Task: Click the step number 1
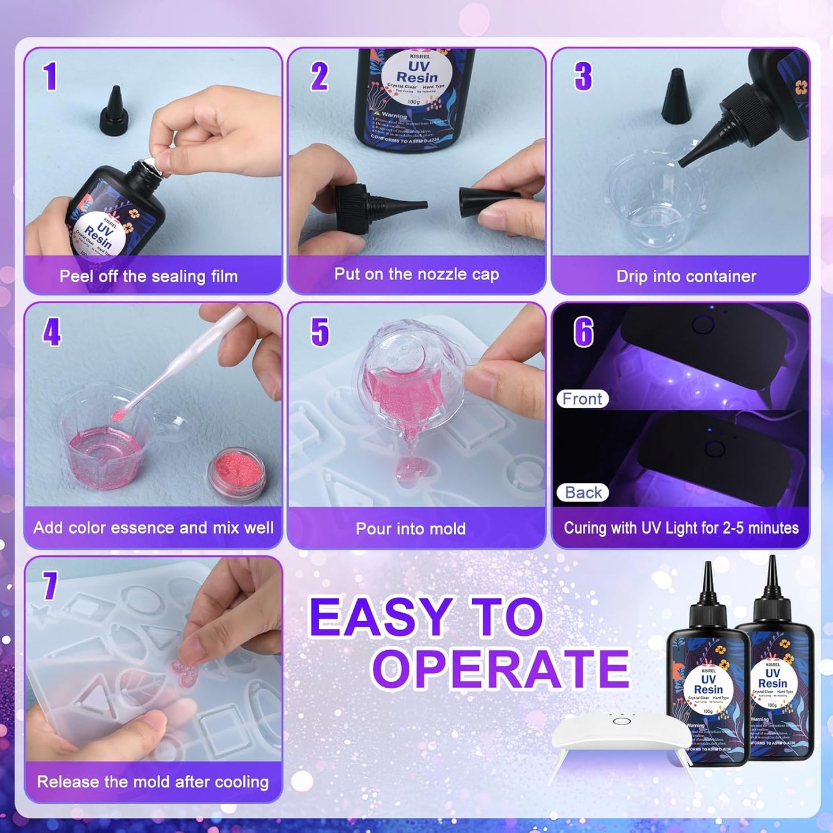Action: coord(50,77)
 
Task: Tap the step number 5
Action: coord(320,332)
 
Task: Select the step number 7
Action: coord(50,586)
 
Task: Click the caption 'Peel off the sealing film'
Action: coord(148,276)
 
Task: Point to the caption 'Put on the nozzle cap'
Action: coord(416,274)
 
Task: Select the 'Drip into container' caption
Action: coord(686,276)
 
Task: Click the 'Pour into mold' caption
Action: coord(410,529)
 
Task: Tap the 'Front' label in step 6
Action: coord(582,399)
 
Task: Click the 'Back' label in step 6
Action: coord(583,492)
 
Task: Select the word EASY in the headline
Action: coord(381,617)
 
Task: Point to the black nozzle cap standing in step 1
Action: coord(114,111)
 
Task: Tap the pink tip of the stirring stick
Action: coord(119,414)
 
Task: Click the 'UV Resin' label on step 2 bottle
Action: coord(416,72)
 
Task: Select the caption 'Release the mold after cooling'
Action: coord(153,782)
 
